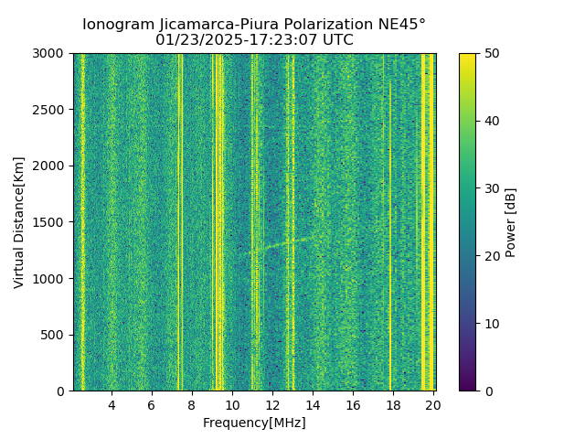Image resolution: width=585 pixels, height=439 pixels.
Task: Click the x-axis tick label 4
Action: click(x=112, y=405)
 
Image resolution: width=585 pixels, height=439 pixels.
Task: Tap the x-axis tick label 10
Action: click(x=232, y=405)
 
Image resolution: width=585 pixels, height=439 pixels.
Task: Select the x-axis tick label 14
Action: click(x=313, y=405)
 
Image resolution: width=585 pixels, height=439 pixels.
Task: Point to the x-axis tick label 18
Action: click(x=393, y=405)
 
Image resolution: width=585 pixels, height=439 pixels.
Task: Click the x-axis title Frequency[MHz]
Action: click(x=254, y=423)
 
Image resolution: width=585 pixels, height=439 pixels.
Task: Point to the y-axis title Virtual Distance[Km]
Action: click(x=19, y=222)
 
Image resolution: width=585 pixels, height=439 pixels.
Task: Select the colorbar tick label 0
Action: click(x=487, y=391)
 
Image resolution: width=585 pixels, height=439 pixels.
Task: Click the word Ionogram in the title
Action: click(x=117, y=25)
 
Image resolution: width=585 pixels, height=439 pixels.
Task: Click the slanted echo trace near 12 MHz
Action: click(x=274, y=244)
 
